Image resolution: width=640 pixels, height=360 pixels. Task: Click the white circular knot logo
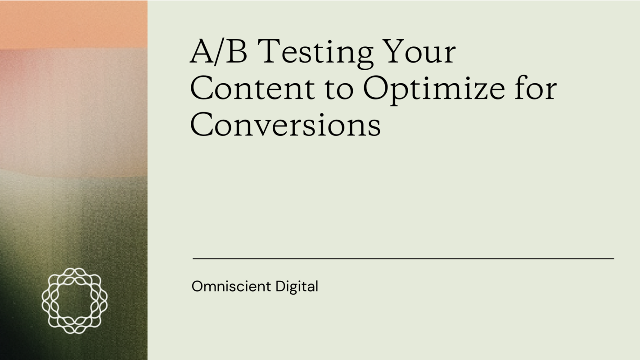[75, 301]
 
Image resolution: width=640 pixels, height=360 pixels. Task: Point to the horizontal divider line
[403, 259]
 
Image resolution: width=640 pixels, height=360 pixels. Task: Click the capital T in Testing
[270, 51]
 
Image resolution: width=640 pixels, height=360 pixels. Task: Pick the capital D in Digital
[280, 286]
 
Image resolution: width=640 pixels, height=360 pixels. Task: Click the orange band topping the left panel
[73, 23]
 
